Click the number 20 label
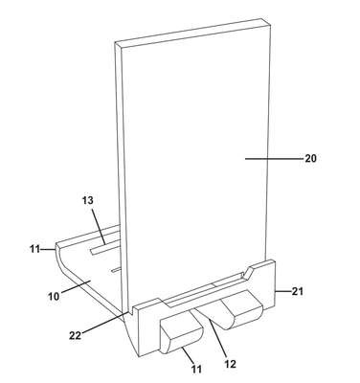pyautogui.click(x=310, y=158)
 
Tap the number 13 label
pyautogui.click(x=88, y=200)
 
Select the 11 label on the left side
pyautogui.click(x=35, y=249)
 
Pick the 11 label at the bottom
pyautogui.click(x=196, y=370)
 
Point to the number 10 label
pyautogui.click(x=54, y=297)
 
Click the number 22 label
pyautogui.click(x=76, y=335)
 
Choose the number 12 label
pyautogui.click(x=230, y=364)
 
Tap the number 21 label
pyautogui.click(x=297, y=291)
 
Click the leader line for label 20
pyautogui.click(x=274, y=158)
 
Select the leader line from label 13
pyautogui.click(x=98, y=226)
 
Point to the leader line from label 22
pyautogui.click(x=105, y=323)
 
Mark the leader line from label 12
pyautogui.click(x=218, y=339)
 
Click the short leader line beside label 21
pyautogui.click(x=282, y=291)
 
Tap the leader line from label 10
pyautogui.click(x=76, y=285)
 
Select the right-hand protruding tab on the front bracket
pyautogui.click(x=242, y=309)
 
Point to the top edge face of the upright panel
pyautogui.click(x=193, y=33)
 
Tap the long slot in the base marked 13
pyautogui.click(x=105, y=248)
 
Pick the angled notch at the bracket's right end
pyautogui.click(x=248, y=271)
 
